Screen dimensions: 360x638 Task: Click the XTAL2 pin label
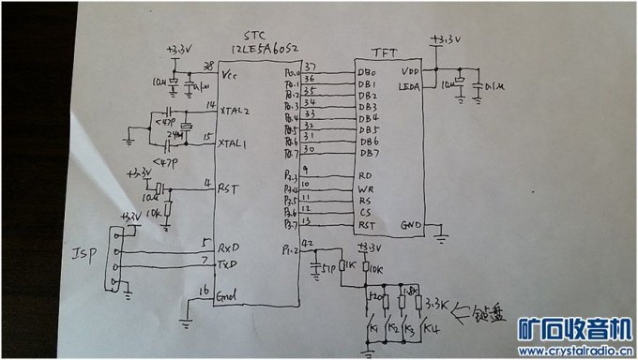click(235, 111)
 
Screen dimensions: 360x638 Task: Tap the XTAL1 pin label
click(234, 144)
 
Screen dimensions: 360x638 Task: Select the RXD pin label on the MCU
click(228, 251)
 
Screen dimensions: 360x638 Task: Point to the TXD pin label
click(228, 266)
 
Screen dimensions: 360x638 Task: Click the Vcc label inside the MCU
click(227, 72)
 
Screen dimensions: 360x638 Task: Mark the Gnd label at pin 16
click(228, 298)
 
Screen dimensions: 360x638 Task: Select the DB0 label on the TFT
click(367, 73)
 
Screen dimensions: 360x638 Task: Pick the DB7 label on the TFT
click(369, 153)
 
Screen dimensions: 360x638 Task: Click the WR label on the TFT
click(366, 188)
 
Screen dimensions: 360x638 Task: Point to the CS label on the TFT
click(365, 214)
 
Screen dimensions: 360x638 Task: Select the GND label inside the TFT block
click(413, 225)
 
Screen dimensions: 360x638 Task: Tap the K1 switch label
click(373, 329)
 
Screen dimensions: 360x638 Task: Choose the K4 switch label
click(431, 329)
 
